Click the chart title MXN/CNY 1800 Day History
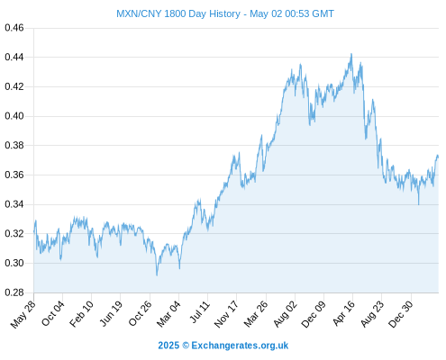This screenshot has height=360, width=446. (178, 13)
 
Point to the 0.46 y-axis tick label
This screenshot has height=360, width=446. (14, 28)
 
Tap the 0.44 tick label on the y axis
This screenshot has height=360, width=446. (14, 57)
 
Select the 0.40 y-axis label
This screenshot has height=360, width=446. (14, 116)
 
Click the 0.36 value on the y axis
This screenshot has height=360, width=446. (14, 175)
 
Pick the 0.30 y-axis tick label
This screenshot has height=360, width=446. (14, 263)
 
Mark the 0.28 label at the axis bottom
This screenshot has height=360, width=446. (14, 292)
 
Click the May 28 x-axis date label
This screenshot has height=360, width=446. (23, 314)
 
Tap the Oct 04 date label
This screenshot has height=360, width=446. (53, 313)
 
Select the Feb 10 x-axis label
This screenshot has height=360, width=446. (82, 314)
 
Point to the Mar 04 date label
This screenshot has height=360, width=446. (168, 314)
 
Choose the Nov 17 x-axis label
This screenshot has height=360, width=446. (226, 314)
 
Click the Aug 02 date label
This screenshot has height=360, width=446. (286, 314)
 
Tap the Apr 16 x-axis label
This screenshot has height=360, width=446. (344, 313)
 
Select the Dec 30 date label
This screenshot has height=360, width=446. (401, 314)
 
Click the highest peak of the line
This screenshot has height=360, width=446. (351, 54)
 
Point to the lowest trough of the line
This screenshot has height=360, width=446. (157, 275)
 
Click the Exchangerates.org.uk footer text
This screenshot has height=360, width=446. (240, 346)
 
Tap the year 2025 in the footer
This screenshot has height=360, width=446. (168, 346)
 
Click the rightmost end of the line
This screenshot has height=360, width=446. (438, 157)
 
